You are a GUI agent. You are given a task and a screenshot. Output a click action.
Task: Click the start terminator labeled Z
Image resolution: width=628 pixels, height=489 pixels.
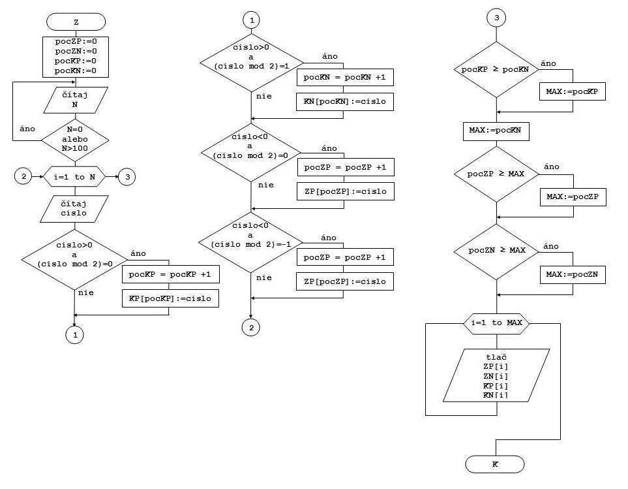76,22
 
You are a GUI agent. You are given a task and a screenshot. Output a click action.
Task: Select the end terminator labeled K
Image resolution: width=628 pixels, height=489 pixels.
495,464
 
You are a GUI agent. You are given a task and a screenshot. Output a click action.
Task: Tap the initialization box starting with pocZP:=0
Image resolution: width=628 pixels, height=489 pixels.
75,56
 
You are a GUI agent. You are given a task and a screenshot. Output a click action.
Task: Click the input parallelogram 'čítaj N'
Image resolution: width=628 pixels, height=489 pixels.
75,99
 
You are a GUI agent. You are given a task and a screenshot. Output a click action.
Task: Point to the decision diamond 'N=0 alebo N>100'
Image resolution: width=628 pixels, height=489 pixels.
75,139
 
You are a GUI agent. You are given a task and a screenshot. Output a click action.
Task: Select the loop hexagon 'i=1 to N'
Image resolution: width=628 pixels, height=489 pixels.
74,176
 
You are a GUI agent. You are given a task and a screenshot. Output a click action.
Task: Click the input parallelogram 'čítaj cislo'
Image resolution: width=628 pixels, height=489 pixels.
74,208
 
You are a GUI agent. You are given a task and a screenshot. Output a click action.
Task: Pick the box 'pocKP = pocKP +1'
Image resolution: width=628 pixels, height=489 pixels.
170,275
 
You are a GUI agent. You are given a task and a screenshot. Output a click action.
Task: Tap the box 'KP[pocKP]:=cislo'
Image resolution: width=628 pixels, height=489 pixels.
170,298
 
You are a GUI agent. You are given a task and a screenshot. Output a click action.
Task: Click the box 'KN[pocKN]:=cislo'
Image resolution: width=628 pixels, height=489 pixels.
345,102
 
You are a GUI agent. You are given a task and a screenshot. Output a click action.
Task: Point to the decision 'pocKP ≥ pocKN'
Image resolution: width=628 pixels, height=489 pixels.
496,69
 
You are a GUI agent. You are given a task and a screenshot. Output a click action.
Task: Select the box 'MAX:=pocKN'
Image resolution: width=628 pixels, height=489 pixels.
496,131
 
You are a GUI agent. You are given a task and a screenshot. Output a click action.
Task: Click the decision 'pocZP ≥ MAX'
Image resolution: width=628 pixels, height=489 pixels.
496,174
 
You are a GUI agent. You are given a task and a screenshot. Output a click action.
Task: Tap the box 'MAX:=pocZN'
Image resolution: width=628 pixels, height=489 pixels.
573,275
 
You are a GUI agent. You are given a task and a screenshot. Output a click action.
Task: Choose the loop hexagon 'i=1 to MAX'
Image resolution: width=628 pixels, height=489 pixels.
497,323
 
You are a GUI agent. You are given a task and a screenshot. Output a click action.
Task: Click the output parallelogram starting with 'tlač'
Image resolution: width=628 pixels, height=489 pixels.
496,375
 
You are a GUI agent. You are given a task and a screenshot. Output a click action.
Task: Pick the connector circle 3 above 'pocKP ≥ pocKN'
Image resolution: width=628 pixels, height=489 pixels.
496,18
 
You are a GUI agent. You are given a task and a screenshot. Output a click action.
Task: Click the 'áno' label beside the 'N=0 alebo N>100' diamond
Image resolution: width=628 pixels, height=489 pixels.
27,129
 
